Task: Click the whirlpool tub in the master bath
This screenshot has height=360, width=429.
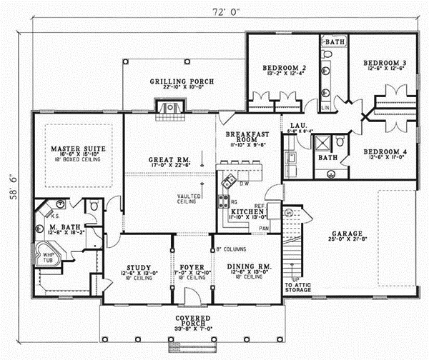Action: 49,258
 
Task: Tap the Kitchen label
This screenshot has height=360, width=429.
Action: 246,213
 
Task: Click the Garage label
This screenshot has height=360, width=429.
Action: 347,233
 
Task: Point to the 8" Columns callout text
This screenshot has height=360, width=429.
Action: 231,250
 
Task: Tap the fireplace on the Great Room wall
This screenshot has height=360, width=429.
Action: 170,107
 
